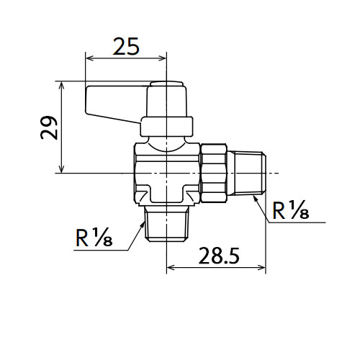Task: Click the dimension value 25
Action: pos(126,46)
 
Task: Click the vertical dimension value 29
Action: pos(50,127)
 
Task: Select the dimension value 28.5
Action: pos(219,256)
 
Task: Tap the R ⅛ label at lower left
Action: pos(94,238)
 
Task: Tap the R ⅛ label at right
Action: pos(291,210)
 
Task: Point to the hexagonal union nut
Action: pos(214,173)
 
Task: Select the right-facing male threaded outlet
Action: pos(247,173)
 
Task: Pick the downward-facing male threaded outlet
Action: pos(166,224)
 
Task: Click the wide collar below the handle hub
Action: pos(166,127)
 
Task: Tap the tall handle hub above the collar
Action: pos(166,99)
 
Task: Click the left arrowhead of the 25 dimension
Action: pos(89,58)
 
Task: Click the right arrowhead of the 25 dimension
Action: pos(162,58)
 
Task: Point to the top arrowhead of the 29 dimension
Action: pos(62,86)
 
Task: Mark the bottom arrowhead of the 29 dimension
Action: pos(62,168)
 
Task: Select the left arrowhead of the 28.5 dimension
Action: pos(171,267)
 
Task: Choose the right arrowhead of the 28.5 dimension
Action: pos(261,267)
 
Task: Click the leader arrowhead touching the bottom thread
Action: pos(142,225)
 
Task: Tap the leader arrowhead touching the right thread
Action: pos(256,199)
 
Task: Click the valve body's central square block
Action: pos(166,173)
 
